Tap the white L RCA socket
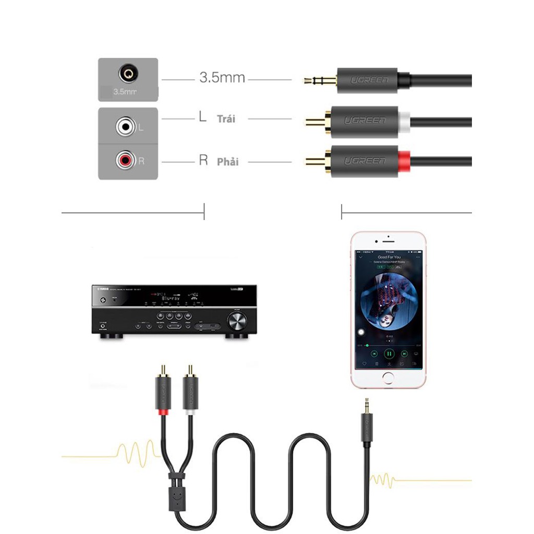click(x=126, y=126)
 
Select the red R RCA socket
click(x=126, y=160)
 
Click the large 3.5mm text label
click(x=222, y=78)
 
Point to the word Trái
click(x=226, y=119)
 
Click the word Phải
click(x=228, y=162)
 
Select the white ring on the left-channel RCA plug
click(x=404, y=122)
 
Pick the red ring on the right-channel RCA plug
click(x=405, y=161)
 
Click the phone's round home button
click(x=388, y=378)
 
